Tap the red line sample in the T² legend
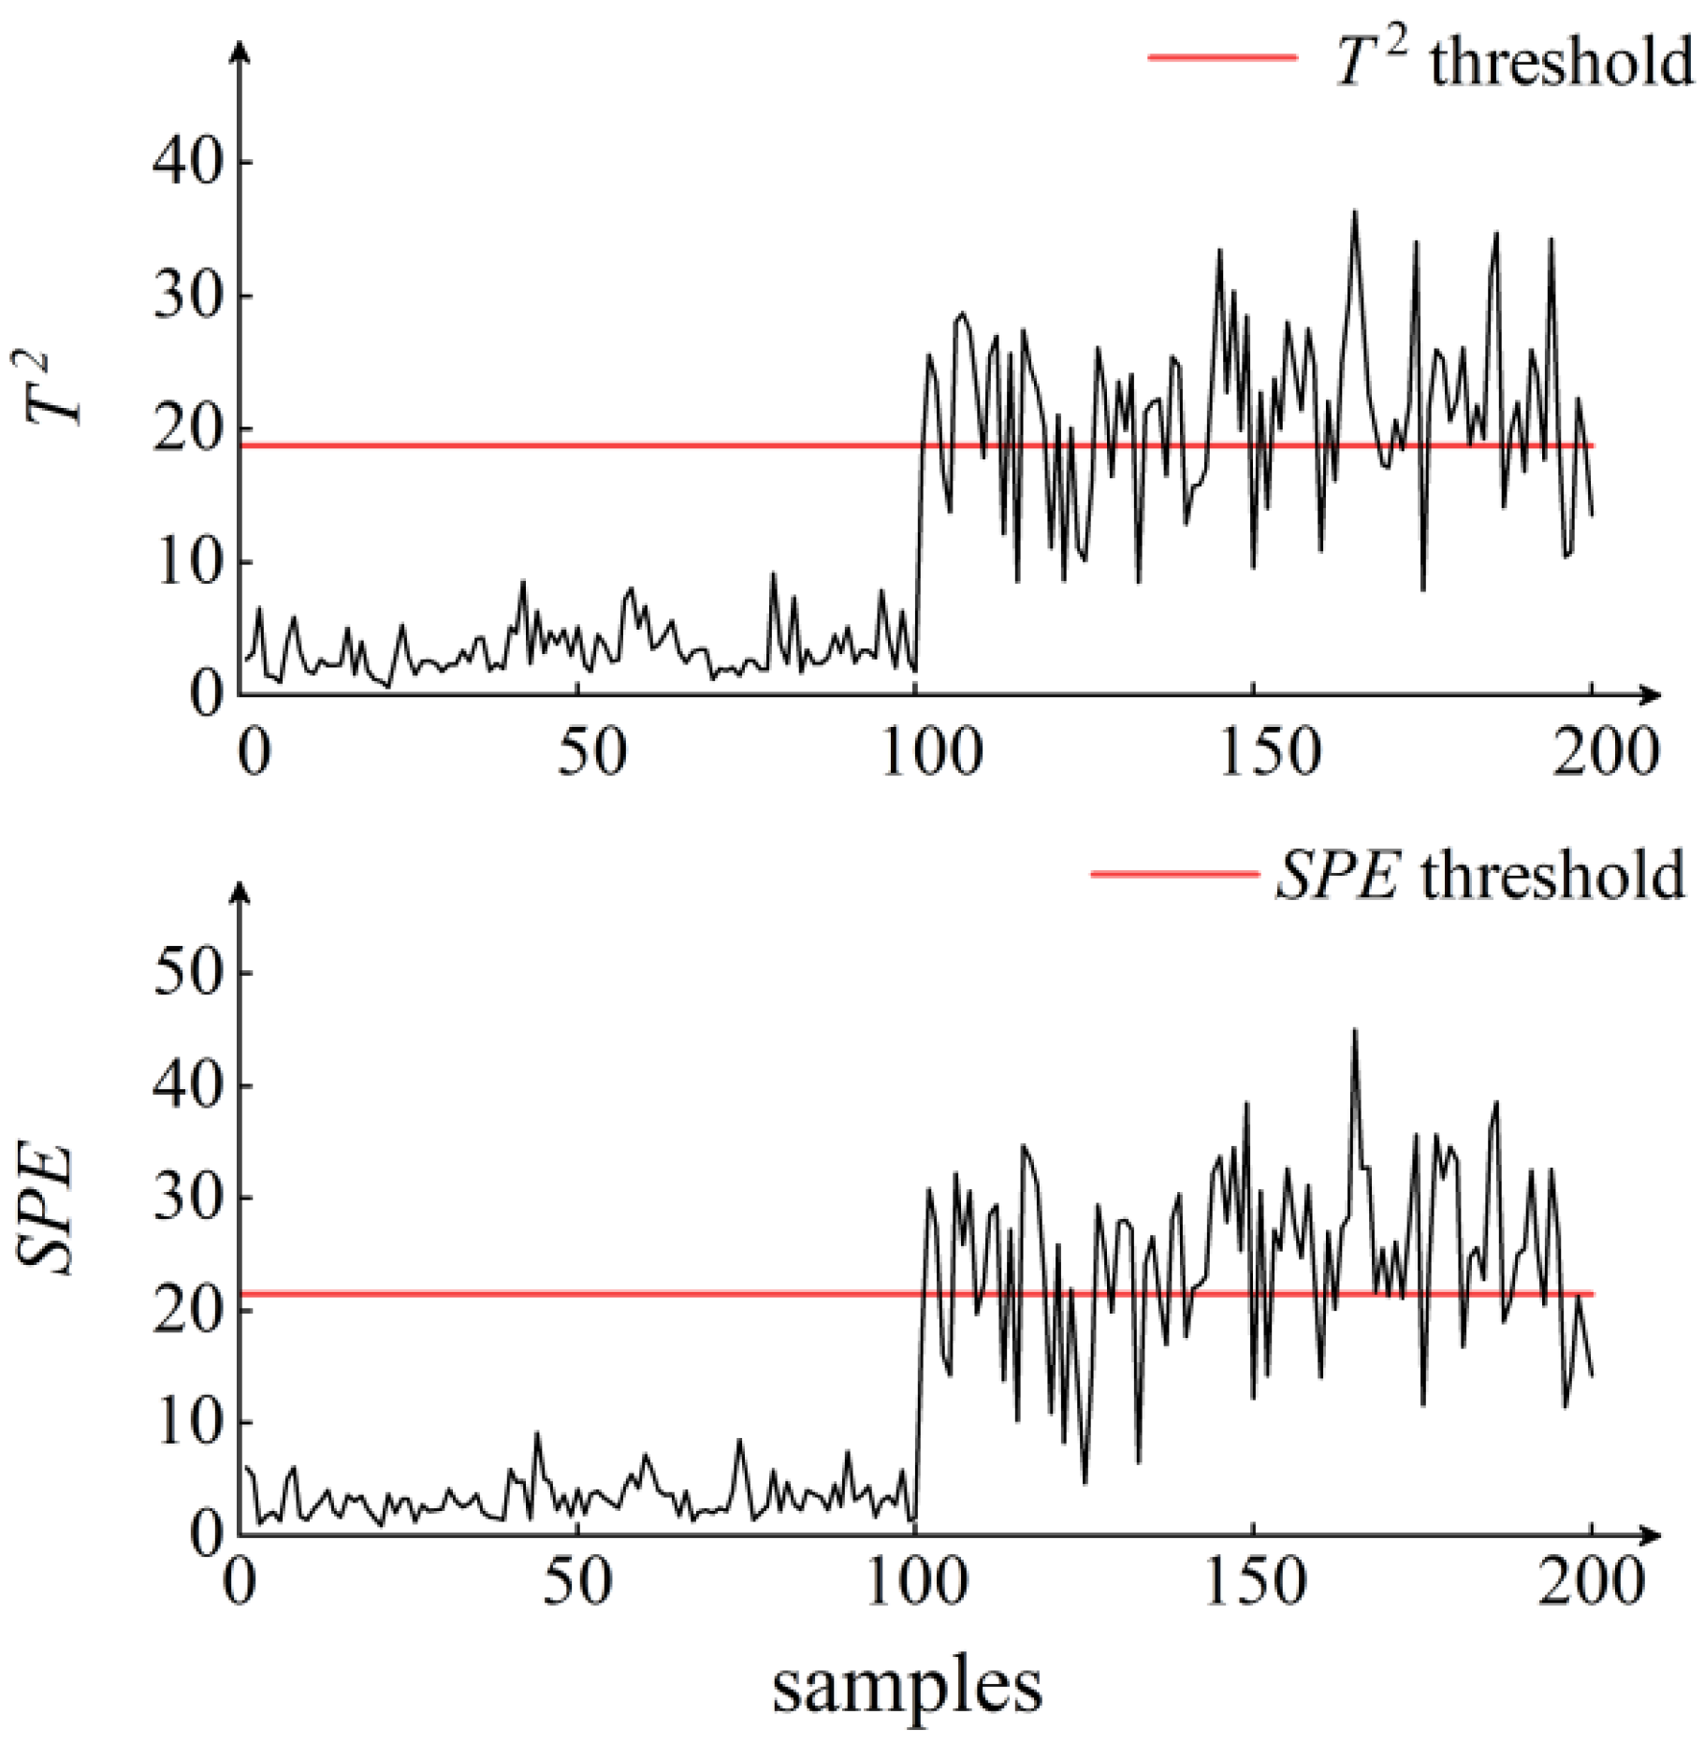pyautogui.click(x=1222, y=57)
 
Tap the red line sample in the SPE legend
pyautogui.click(x=1173, y=874)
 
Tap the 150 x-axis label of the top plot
pyautogui.click(x=1269, y=751)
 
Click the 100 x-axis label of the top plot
pyautogui.click(x=931, y=751)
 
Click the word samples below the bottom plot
pyautogui.click(x=906, y=1686)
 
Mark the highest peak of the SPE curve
pyautogui.click(x=1354, y=1030)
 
